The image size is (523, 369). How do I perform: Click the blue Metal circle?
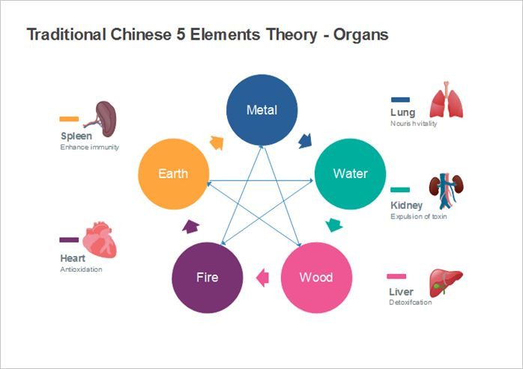click(x=261, y=110)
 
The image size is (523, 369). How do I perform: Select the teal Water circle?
click(x=350, y=174)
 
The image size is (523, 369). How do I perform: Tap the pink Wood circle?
click(x=315, y=277)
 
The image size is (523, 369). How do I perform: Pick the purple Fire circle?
click(x=207, y=277)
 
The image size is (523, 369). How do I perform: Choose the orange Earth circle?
click(x=173, y=174)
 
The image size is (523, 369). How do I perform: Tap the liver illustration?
click(x=445, y=284)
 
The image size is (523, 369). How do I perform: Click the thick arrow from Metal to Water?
click(x=305, y=141)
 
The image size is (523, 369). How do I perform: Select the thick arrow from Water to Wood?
click(x=334, y=225)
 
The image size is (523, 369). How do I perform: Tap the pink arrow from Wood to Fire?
click(x=262, y=278)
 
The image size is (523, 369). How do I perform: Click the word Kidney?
click(x=406, y=205)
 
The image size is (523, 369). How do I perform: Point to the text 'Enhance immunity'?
click(x=89, y=147)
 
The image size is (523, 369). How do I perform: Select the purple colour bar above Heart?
click(x=69, y=240)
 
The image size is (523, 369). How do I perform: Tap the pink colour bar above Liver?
click(x=397, y=276)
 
